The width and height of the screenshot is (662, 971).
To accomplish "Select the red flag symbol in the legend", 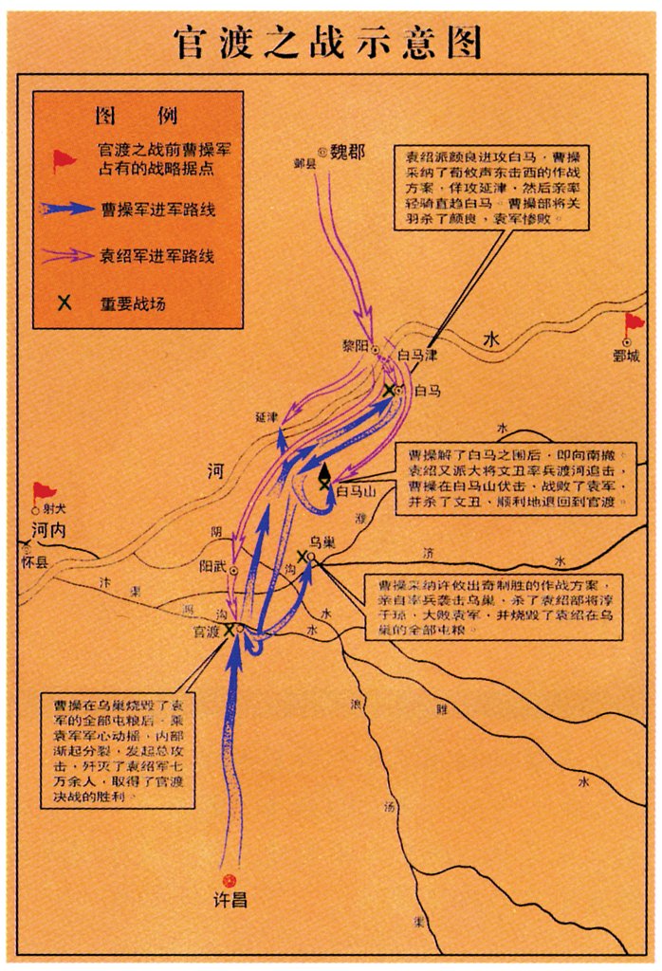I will click(x=64, y=161).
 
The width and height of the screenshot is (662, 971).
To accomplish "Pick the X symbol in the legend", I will click(x=64, y=304).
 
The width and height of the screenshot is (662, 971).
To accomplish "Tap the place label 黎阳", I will click(x=353, y=347).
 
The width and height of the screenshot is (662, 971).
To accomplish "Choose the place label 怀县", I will click(x=32, y=561).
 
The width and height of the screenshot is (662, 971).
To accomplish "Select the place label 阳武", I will click(x=212, y=568).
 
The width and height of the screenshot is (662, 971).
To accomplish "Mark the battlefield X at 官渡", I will click(x=229, y=628).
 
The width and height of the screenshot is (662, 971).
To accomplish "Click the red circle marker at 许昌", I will click(x=228, y=879).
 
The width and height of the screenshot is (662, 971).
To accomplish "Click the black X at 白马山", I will click(x=325, y=484).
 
